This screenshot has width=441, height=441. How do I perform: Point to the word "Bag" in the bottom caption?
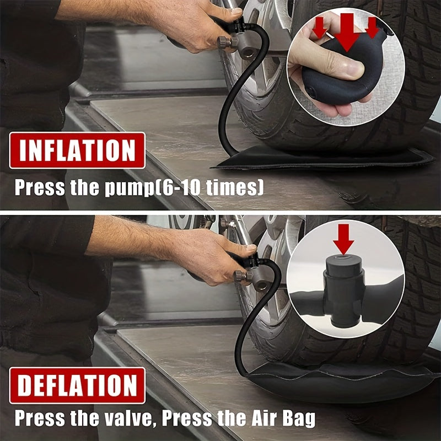click(298, 418)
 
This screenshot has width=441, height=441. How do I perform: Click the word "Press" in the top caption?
click(38, 187)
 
